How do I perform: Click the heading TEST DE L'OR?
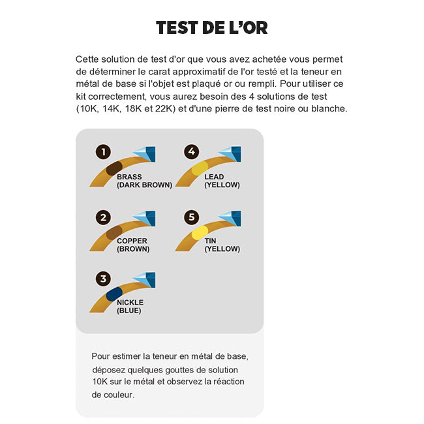(211, 27)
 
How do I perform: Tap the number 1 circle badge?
(103, 152)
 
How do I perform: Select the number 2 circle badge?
(103, 217)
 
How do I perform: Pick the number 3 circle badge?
(103, 279)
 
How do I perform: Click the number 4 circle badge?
(190, 152)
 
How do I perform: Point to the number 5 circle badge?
(190, 217)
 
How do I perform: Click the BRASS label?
(129, 177)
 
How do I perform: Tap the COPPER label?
(132, 241)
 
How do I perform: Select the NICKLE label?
(130, 303)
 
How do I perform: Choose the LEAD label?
(214, 177)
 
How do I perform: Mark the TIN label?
(210, 241)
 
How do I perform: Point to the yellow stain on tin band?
(199, 232)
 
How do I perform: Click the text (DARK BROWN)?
(144, 185)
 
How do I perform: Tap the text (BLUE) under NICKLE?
(129, 310)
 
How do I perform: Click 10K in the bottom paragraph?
(100, 382)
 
